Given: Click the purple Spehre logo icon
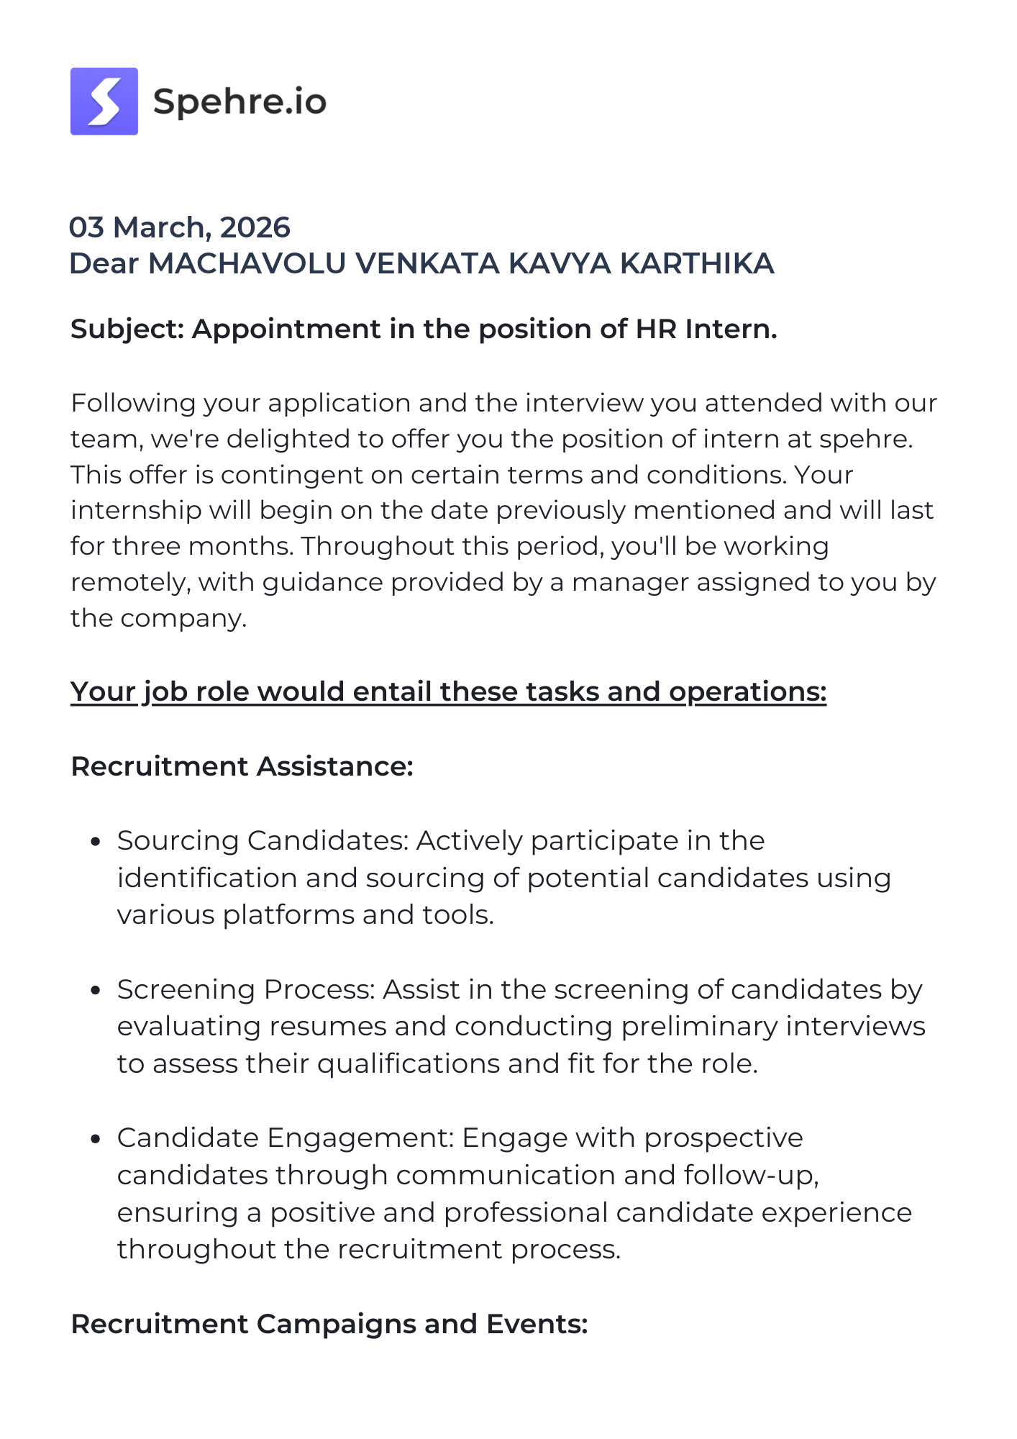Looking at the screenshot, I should point(104,101).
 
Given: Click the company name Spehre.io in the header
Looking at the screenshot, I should point(240,101).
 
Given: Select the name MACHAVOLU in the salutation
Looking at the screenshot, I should point(247,263).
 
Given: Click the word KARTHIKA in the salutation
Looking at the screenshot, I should point(696,263).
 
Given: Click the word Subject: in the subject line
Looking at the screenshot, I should point(128,329).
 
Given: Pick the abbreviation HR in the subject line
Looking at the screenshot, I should point(655,329).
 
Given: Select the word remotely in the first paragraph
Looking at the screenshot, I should point(130,582).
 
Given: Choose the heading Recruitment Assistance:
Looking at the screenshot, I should point(242,766).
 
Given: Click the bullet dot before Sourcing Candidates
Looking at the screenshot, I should point(95,842).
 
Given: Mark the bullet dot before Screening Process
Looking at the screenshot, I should point(95,991).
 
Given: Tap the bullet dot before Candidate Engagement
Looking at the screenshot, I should point(95,1139).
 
